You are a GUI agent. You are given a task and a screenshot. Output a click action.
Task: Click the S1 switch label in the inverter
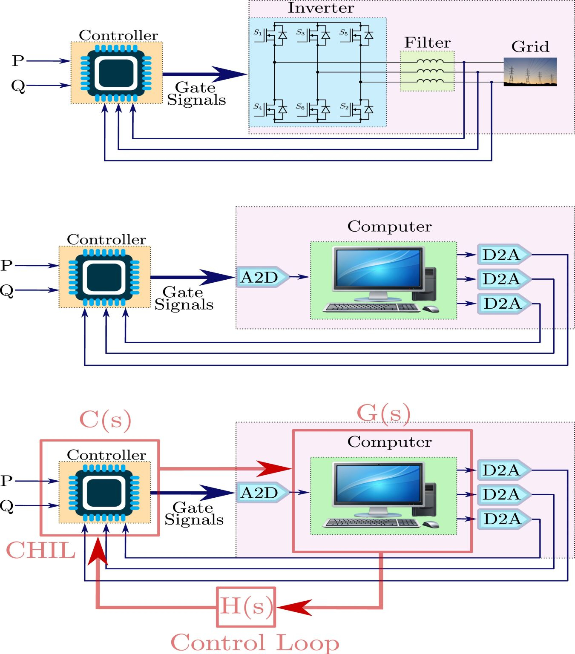tap(258, 32)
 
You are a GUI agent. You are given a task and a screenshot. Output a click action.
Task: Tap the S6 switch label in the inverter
tap(301, 107)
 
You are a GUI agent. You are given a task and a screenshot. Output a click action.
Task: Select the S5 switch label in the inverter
tap(344, 32)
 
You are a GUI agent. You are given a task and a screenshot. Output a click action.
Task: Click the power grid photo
tap(530, 72)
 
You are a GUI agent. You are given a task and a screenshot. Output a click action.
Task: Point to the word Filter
tap(427, 43)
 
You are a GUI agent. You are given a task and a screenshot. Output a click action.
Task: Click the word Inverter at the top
tap(321, 8)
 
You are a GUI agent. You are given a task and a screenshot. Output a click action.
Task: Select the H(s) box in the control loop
tap(246, 607)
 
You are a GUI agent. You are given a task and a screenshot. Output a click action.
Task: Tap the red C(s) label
tap(105, 420)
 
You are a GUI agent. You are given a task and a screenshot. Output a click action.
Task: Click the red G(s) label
tap(383, 413)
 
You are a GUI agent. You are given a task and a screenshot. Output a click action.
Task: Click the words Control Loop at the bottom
tap(255, 643)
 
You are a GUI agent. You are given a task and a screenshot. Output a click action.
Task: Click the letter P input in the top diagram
tap(18, 61)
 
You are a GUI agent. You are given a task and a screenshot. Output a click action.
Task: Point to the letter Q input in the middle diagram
tap(7, 291)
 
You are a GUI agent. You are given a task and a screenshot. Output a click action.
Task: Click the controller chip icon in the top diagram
tap(116, 73)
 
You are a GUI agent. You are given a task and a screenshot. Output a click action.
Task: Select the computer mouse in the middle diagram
tap(431, 309)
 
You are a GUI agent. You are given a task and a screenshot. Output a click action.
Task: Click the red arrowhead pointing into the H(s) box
tap(295, 607)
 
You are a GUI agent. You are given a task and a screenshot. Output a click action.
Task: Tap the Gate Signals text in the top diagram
tap(196, 94)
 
